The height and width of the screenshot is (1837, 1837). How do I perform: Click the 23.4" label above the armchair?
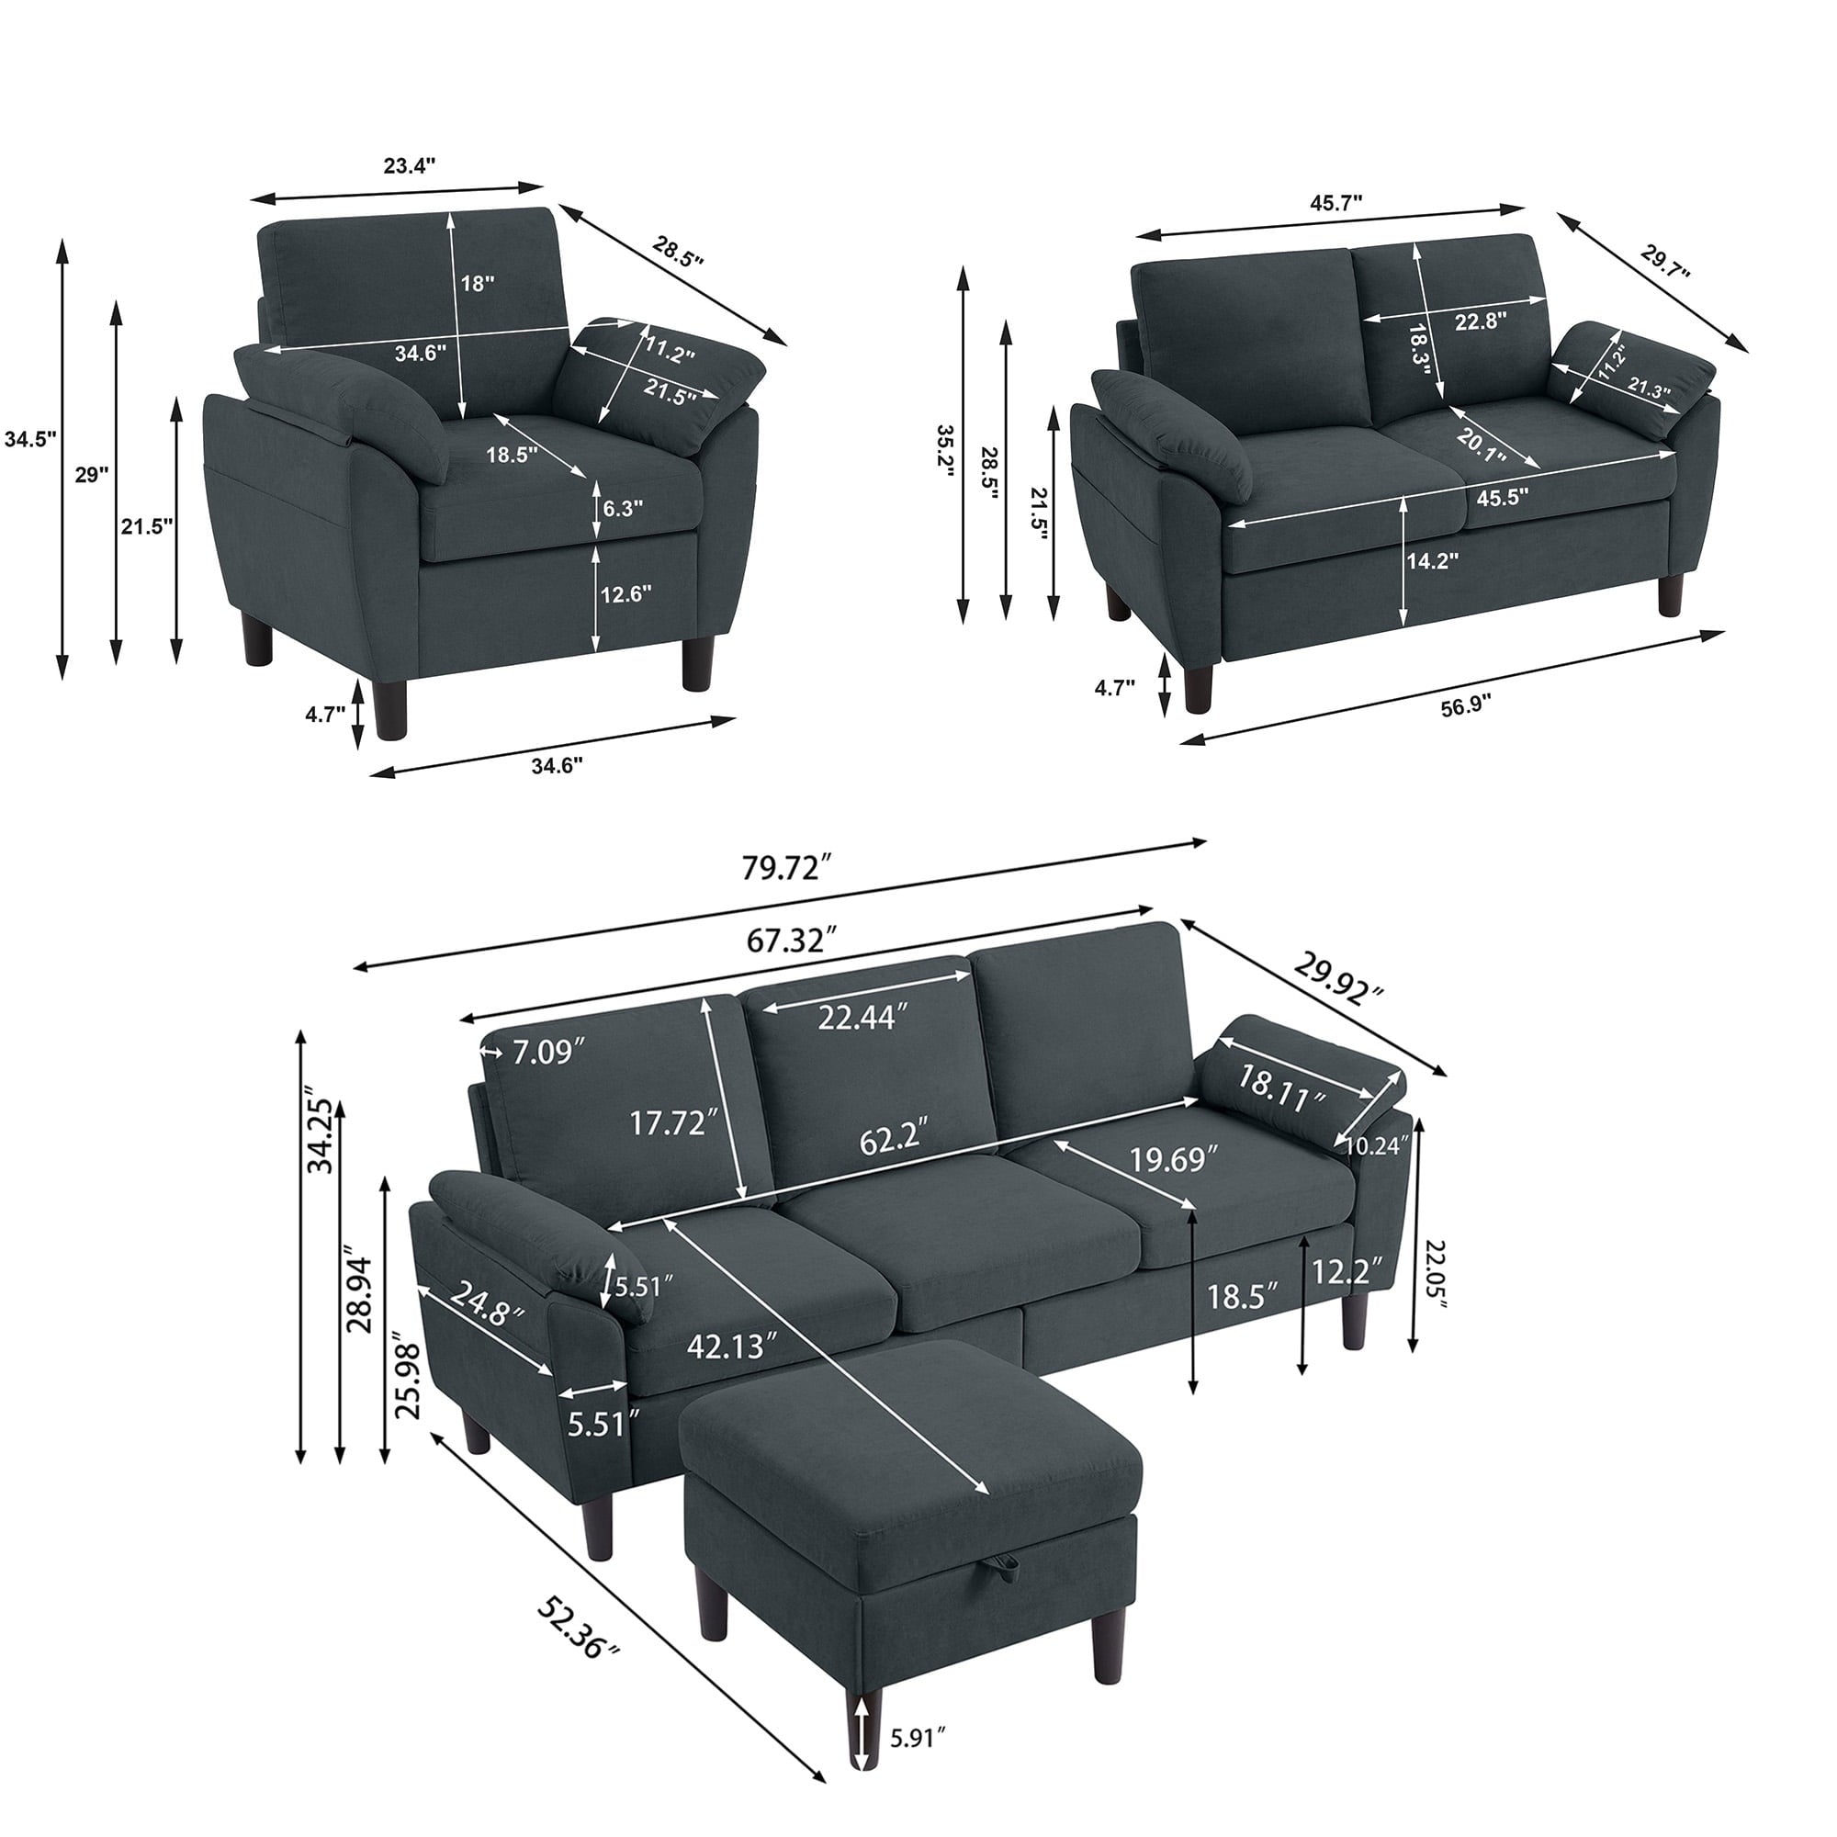409,164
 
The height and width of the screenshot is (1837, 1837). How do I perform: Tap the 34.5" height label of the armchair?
29,439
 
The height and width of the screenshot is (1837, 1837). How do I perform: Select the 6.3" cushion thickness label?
622,508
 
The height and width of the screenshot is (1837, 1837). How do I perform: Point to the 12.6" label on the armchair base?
625,595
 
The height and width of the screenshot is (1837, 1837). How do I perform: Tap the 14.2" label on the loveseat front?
1433,561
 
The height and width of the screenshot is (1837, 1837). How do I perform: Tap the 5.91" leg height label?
918,1764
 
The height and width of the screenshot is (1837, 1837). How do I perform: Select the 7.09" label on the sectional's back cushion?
548,1053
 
